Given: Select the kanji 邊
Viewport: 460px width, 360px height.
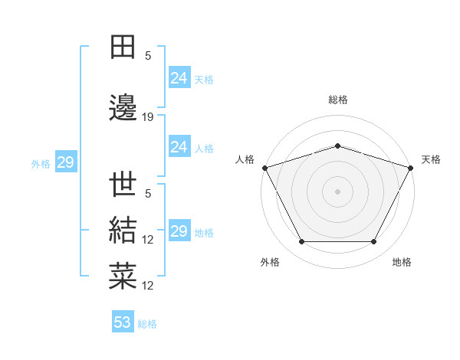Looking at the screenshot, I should [x=123, y=110].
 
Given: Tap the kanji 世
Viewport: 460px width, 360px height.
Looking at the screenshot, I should [x=123, y=185].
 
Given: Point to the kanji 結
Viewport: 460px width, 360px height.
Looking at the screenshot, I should [x=123, y=231].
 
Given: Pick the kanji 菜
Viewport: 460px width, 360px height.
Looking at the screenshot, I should [x=123, y=277].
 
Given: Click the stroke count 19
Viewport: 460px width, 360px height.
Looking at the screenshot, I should [x=148, y=117].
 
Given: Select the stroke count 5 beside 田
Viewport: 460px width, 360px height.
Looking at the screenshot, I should [x=148, y=56].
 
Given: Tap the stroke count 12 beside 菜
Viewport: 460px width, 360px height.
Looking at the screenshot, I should [x=148, y=286].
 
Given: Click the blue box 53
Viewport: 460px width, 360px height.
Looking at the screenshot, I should [x=123, y=322].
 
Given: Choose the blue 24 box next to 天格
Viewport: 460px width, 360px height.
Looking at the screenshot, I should [x=179, y=78].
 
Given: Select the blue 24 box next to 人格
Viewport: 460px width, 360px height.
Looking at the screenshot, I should [x=179, y=147].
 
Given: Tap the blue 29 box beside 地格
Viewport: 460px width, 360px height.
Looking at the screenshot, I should [x=179, y=231].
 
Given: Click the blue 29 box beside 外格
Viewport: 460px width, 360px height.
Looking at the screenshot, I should [x=65, y=162].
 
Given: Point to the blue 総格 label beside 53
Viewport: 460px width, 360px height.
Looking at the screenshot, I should [x=147, y=324].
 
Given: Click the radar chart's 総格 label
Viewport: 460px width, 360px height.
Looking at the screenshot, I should [x=338, y=100].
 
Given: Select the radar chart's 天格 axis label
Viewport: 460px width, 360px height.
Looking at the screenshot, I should [x=431, y=159].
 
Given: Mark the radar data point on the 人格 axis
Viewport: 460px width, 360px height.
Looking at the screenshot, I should [x=264, y=168].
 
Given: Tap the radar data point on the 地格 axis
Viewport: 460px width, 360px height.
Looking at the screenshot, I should [x=374, y=242].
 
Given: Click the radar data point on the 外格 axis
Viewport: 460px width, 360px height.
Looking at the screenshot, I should [x=301, y=242].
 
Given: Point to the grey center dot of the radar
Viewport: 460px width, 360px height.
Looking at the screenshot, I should [x=338, y=191].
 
